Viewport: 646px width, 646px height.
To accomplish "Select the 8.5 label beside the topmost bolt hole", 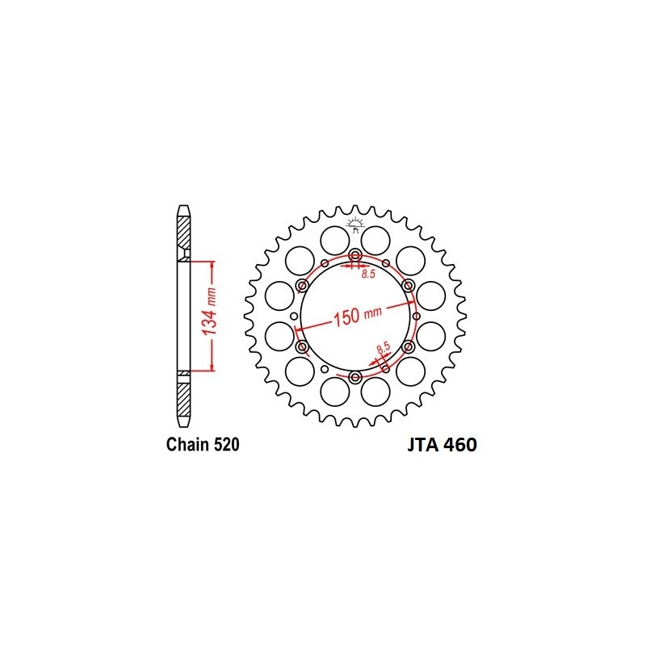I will (x=368, y=275).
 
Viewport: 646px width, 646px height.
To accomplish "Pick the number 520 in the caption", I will (x=224, y=445).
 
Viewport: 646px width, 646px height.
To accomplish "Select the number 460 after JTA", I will (x=460, y=446).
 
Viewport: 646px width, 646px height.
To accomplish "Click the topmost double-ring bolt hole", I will (x=355, y=257).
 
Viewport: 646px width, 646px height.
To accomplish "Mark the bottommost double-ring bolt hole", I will (x=355, y=376).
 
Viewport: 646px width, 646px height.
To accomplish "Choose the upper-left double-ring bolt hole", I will (x=304, y=287).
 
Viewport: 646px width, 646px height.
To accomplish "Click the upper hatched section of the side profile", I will (x=185, y=234).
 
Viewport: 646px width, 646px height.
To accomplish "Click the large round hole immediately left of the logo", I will (x=332, y=241).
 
